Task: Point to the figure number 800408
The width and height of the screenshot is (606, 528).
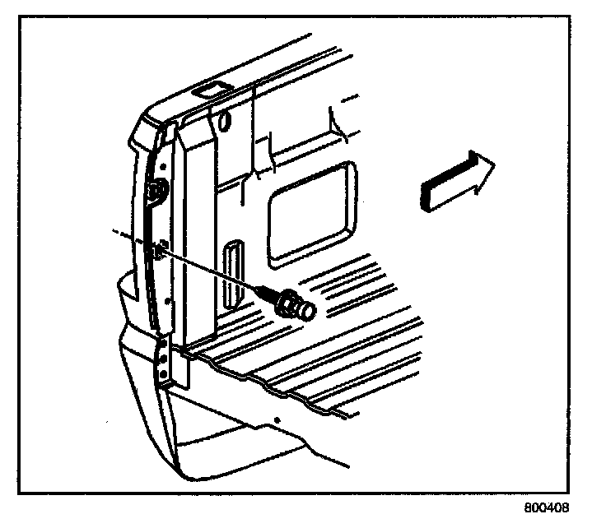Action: click(x=546, y=507)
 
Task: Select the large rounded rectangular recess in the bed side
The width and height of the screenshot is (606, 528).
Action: click(x=314, y=211)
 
